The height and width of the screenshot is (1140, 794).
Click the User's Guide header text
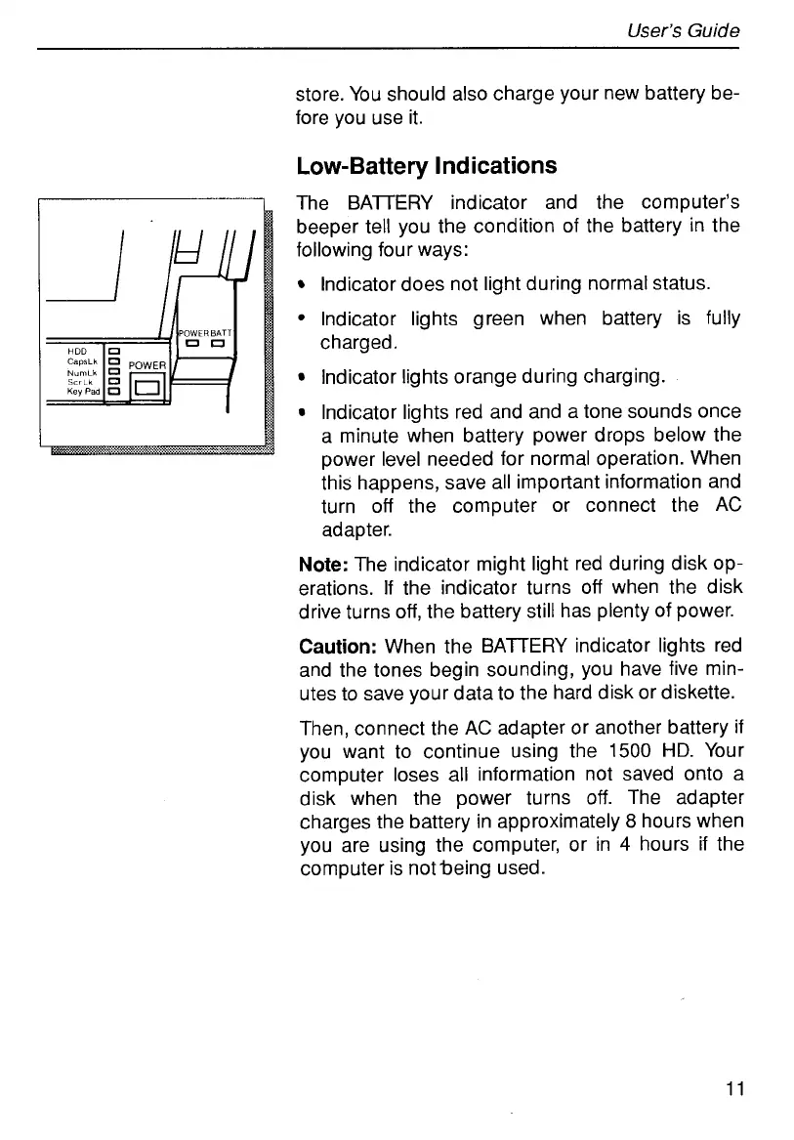[684, 30]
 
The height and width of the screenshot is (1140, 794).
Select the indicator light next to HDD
[112, 351]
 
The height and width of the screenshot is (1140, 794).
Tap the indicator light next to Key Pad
[112, 392]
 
